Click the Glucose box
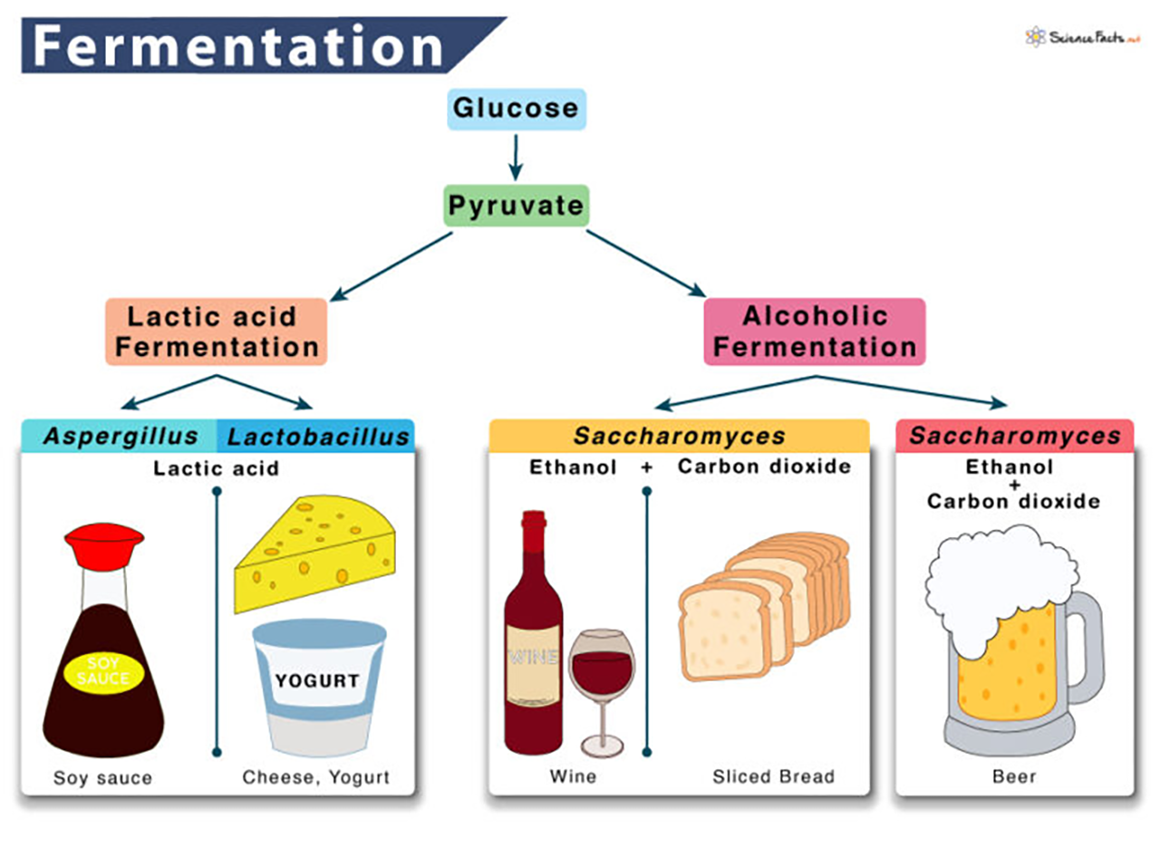pos(516,109)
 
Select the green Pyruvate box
pos(517,206)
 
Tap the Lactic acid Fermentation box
pos(216,332)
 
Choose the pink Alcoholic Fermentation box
pos(814,332)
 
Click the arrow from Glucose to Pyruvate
pos(516,158)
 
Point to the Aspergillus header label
pos(120,436)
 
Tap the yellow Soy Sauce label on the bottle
pos(102,670)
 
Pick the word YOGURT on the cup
pos(317,681)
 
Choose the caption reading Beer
pos(1013,776)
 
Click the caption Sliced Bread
pos(773,776)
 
